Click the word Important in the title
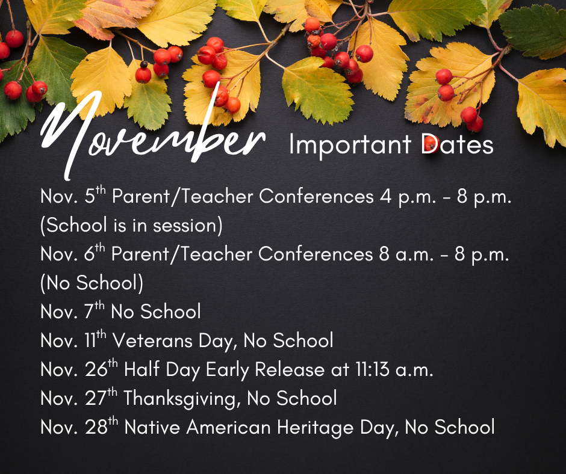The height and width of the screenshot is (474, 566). click(350, 146)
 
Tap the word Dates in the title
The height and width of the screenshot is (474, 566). click(457, 144)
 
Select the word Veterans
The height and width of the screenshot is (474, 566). click(153, 340)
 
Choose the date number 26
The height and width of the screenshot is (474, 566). click(96, 369)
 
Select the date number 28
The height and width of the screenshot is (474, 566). click(96, 427)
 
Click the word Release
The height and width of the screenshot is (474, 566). click(290, 369)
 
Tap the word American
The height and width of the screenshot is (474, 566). click(228, 427)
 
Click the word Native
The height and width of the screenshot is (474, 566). click(152, 427)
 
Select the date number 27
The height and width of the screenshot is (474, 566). click(96, 398)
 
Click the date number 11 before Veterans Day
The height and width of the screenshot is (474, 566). click(90, 340)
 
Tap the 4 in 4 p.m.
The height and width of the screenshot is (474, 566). click(386, 197)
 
